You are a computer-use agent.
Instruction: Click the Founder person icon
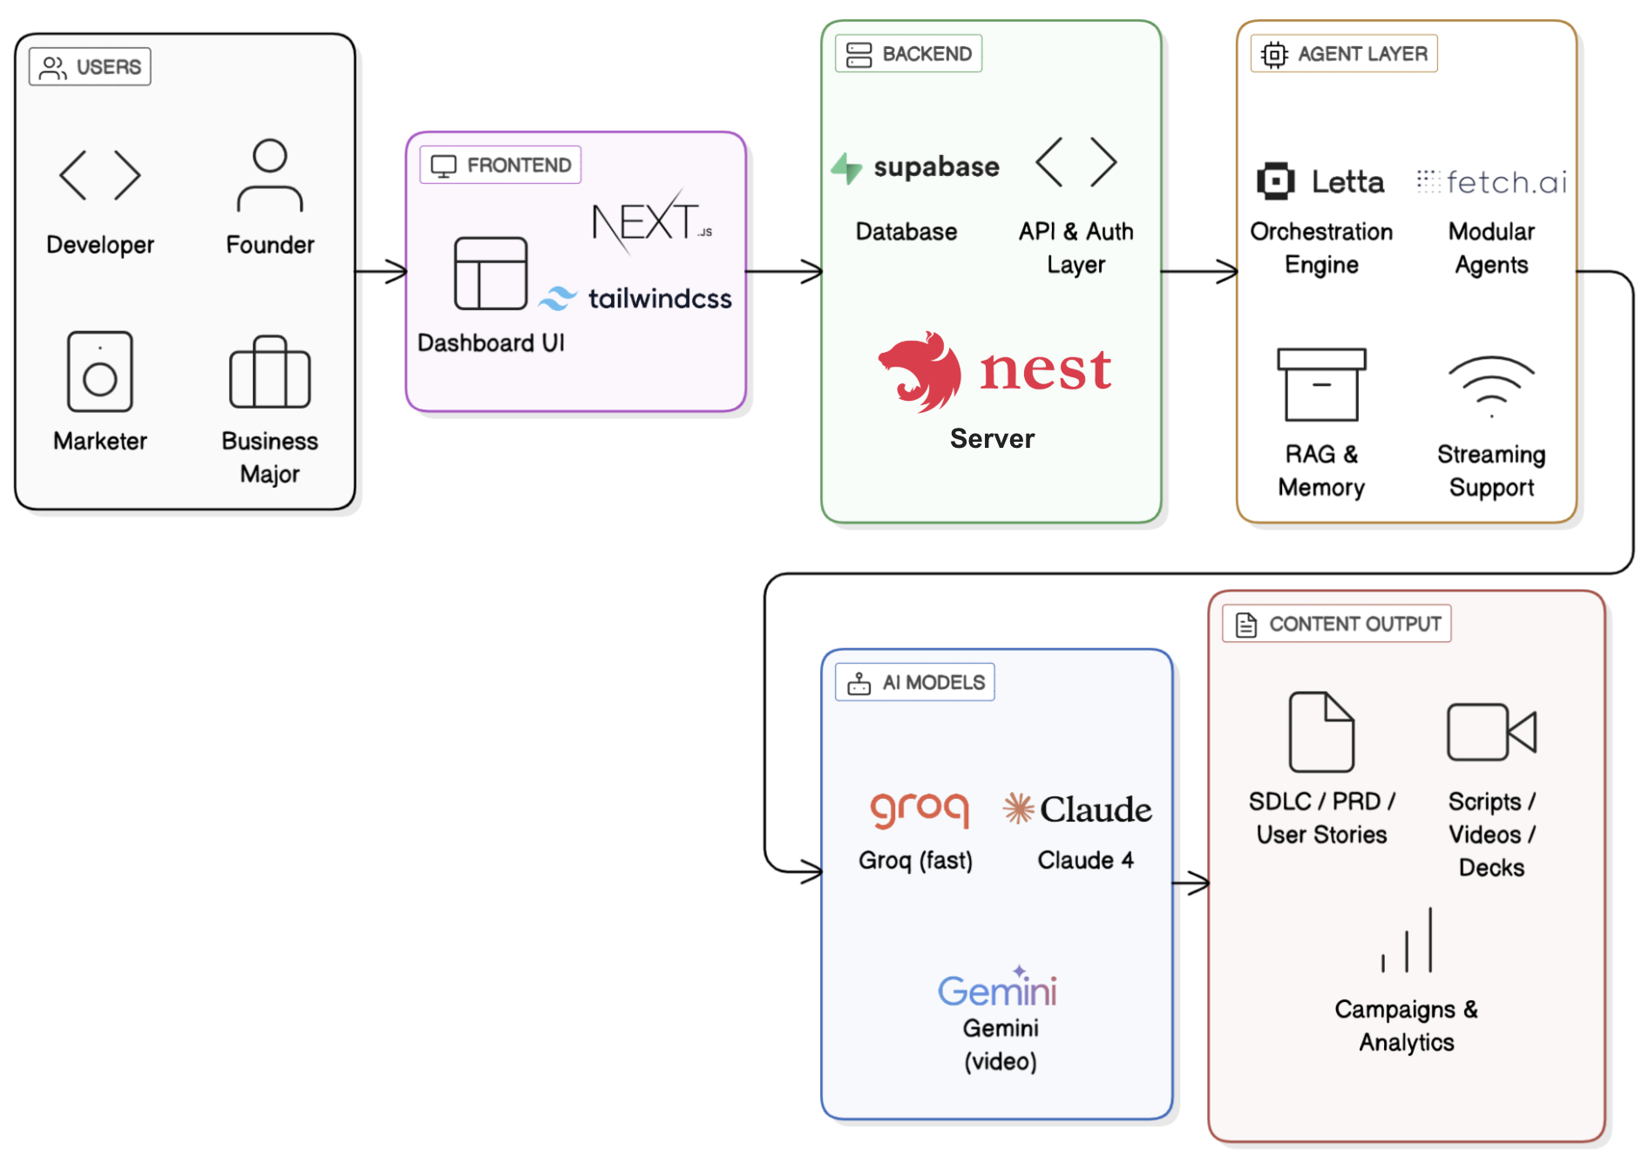(x=270, y=175)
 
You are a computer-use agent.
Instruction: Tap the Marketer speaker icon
(x=100, y=371)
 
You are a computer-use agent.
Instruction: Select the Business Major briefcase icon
(x=270, y=373)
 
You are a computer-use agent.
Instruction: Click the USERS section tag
(x=91, y=67)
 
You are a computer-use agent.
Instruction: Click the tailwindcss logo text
(x=659, y=299)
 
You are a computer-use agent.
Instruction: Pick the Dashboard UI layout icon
(x=491, y=274)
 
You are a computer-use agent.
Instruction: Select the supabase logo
(x=916, y=166)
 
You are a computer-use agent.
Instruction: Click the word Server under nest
(x=992, y=438)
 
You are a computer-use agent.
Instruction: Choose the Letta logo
(x=1320, y=182)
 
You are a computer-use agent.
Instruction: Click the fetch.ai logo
(x=1492, y=182)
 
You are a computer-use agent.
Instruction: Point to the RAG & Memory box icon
(x=1321, y=384)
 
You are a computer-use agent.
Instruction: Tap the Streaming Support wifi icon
(x=1491, y=386)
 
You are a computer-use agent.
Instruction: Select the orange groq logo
(x=919, y=809)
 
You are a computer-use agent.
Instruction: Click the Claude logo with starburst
(x=1077, y=809)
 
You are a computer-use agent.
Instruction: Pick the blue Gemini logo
(x=998, y=989)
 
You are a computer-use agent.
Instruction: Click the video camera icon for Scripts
(x=1491, y=732)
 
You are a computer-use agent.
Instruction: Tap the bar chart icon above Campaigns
(x=1407, y=941)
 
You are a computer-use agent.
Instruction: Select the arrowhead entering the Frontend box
(x=399, y=272)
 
